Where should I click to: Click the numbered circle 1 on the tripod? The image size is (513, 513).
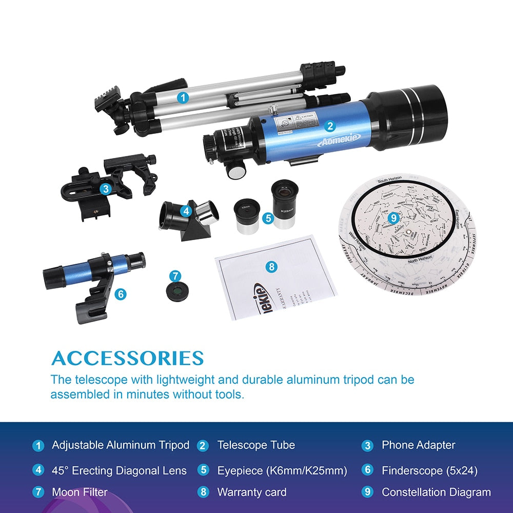pos(182,96)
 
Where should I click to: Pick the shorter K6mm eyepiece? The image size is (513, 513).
pos(245,216)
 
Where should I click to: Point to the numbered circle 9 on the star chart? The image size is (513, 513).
pos(393,218)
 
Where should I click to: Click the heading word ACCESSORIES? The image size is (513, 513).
pos(128,358)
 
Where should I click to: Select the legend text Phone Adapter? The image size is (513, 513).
pos(418,445)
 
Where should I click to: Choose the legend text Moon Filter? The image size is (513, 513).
pos(80,492)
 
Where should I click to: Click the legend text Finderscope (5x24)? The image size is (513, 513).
pos(429,470)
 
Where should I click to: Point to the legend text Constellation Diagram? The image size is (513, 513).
pos(436,492)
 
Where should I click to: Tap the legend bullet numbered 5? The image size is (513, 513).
pos(203,470)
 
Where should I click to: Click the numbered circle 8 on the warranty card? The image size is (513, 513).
pos(272,266)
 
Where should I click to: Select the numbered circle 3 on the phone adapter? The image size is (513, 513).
pos(106,189)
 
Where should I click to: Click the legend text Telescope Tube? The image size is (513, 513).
pos(256,445)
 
